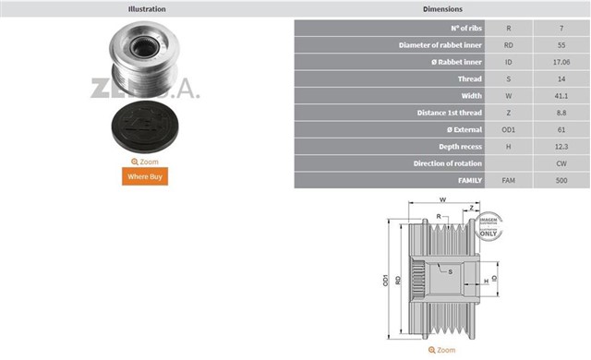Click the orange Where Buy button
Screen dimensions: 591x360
pos(145,176)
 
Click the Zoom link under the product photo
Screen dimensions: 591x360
pos(145,162)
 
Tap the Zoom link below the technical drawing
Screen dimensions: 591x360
pos(441,350)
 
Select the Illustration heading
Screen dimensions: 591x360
pos(147,9)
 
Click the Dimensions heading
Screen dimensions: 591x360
pos(442,9)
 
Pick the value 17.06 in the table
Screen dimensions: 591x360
pos(561,62)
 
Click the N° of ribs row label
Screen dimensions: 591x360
pos(466,29)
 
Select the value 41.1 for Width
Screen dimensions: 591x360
pos(561,96)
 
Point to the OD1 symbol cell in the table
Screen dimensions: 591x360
pos(509,130)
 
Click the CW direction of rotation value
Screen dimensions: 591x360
pos(561,163)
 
